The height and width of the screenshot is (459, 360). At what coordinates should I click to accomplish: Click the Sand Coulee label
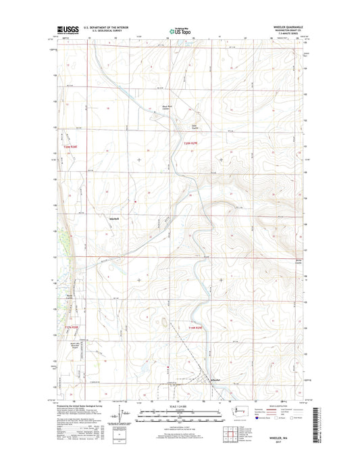pyautogui.click(x=195, y=125)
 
